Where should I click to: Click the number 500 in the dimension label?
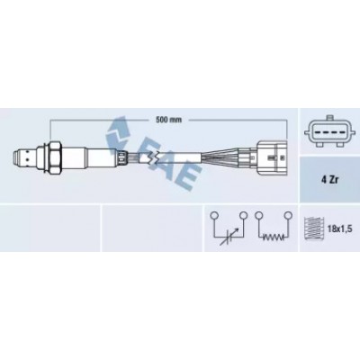[x=160, y=120]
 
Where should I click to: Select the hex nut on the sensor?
[x=55, y=157]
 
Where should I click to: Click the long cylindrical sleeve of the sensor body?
[x=90, y=157]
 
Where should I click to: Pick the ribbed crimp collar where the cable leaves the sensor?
[x=123, y=157]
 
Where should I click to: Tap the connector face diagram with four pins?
[x=329, y=131]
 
